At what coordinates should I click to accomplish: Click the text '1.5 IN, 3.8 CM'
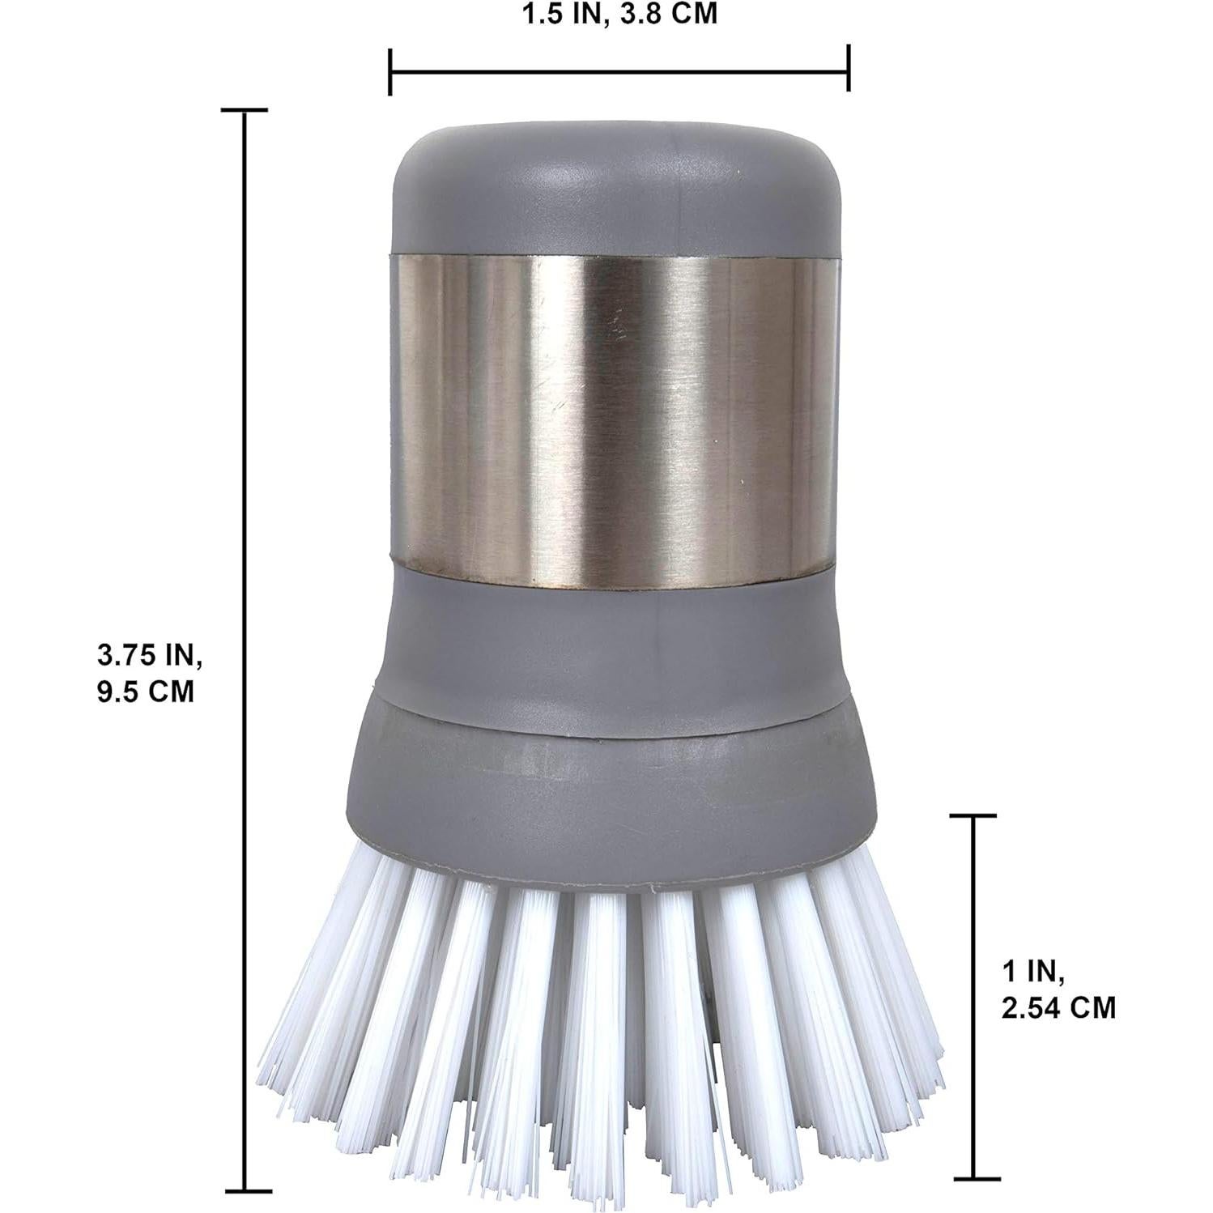point(619,15)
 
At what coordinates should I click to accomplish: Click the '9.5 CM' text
point(146,692)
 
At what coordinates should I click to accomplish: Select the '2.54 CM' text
point(1058,1008)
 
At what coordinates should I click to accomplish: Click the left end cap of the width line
point(390,70)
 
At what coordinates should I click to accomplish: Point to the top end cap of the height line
point(245,109)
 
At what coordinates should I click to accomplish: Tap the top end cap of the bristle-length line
point(972,816)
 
